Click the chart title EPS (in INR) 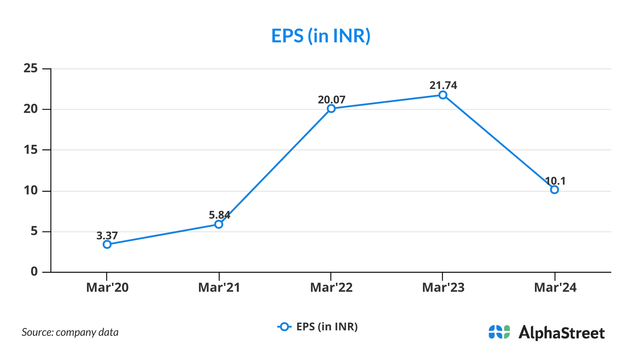321,36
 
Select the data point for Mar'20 107,245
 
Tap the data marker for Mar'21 219,224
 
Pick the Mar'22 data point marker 331,109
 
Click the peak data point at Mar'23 443,95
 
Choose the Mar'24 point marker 554,190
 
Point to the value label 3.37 107,236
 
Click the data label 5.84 219,215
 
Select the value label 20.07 331,100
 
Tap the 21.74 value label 443,85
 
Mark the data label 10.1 555,181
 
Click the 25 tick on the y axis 31,69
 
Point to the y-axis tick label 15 31,150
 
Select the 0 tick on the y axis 34,272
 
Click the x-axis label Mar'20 107,288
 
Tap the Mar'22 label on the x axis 331,288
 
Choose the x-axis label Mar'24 555,288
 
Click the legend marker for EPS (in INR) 284,327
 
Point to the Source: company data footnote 70,332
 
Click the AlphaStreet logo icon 499,332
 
